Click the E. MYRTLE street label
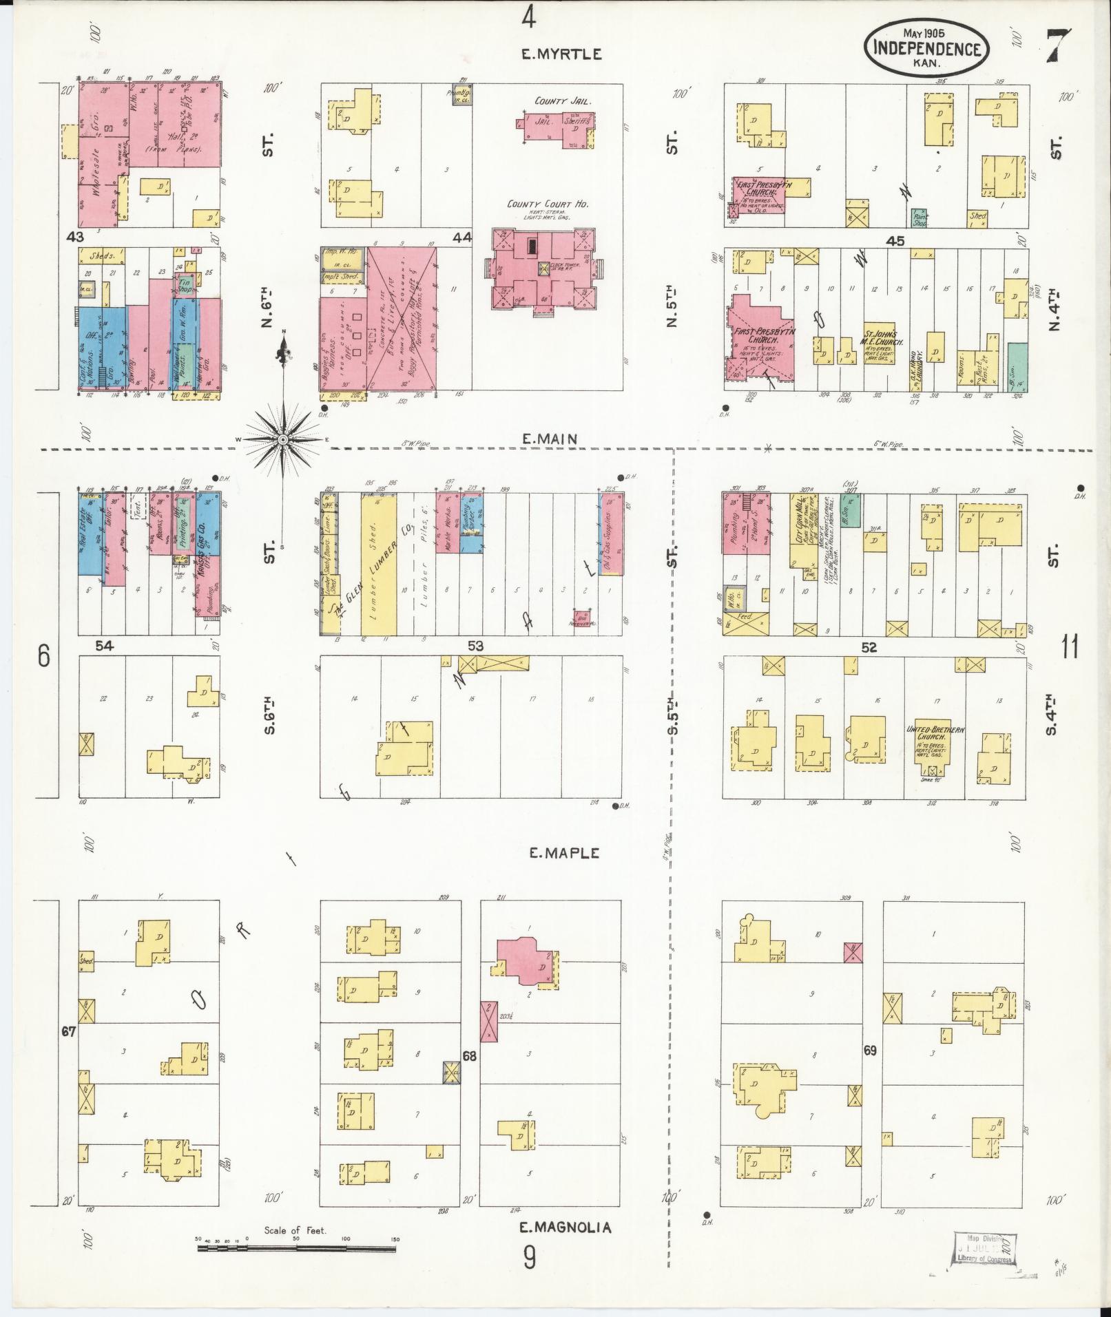click(561, 54)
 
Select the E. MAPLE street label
click(565, 853)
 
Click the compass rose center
click(284, 439)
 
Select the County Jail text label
click(564, 101)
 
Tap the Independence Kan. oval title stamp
click(926, 47)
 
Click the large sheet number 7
click(1057, 46)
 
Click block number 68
click(469, 1075)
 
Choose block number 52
click(869, 646)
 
